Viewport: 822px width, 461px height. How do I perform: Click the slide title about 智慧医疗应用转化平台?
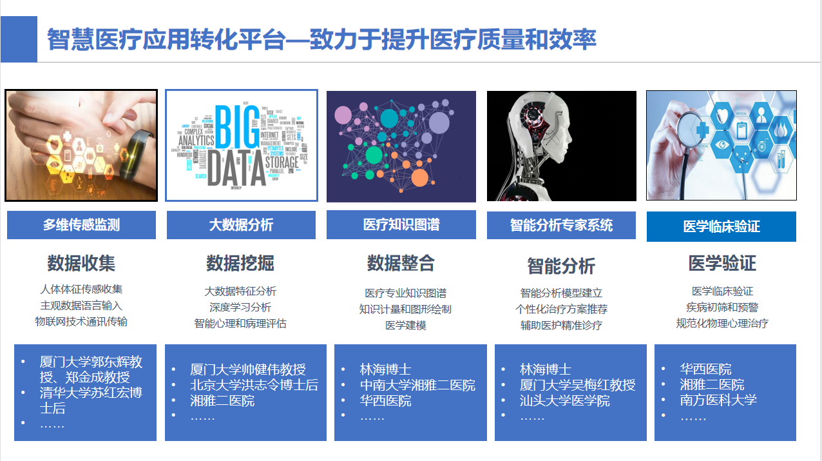pos(321,40)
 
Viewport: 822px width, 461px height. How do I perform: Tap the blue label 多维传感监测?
pos(81,225)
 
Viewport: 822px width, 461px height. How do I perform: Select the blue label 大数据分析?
pos(241,225)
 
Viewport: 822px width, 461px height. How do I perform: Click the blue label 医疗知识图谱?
pos(401,224)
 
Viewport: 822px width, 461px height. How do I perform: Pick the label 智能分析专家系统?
pos(561,225)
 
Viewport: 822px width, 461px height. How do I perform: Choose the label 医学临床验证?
pos(722,227)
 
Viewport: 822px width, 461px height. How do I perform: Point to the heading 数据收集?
pos(81,263)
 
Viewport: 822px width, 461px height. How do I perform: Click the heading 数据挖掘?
pos(240,263)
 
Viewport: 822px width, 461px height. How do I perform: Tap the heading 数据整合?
pos(401,263)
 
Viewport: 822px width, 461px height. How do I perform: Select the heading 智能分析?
pos(561,266)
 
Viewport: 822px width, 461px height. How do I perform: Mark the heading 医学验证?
pos(722,263)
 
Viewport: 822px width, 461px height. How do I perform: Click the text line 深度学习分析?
pos(240,308)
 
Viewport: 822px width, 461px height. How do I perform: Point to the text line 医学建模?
pos(406,326)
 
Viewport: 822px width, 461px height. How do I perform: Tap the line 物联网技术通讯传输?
pos(81,322)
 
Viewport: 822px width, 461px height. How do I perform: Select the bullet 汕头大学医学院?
pos(565,401)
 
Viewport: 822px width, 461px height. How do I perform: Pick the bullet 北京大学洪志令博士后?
pos(254,386)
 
